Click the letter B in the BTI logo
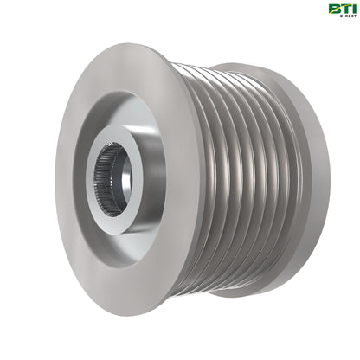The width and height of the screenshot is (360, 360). tap(332, 10)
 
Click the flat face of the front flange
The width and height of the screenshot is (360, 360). tap(95, 251)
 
